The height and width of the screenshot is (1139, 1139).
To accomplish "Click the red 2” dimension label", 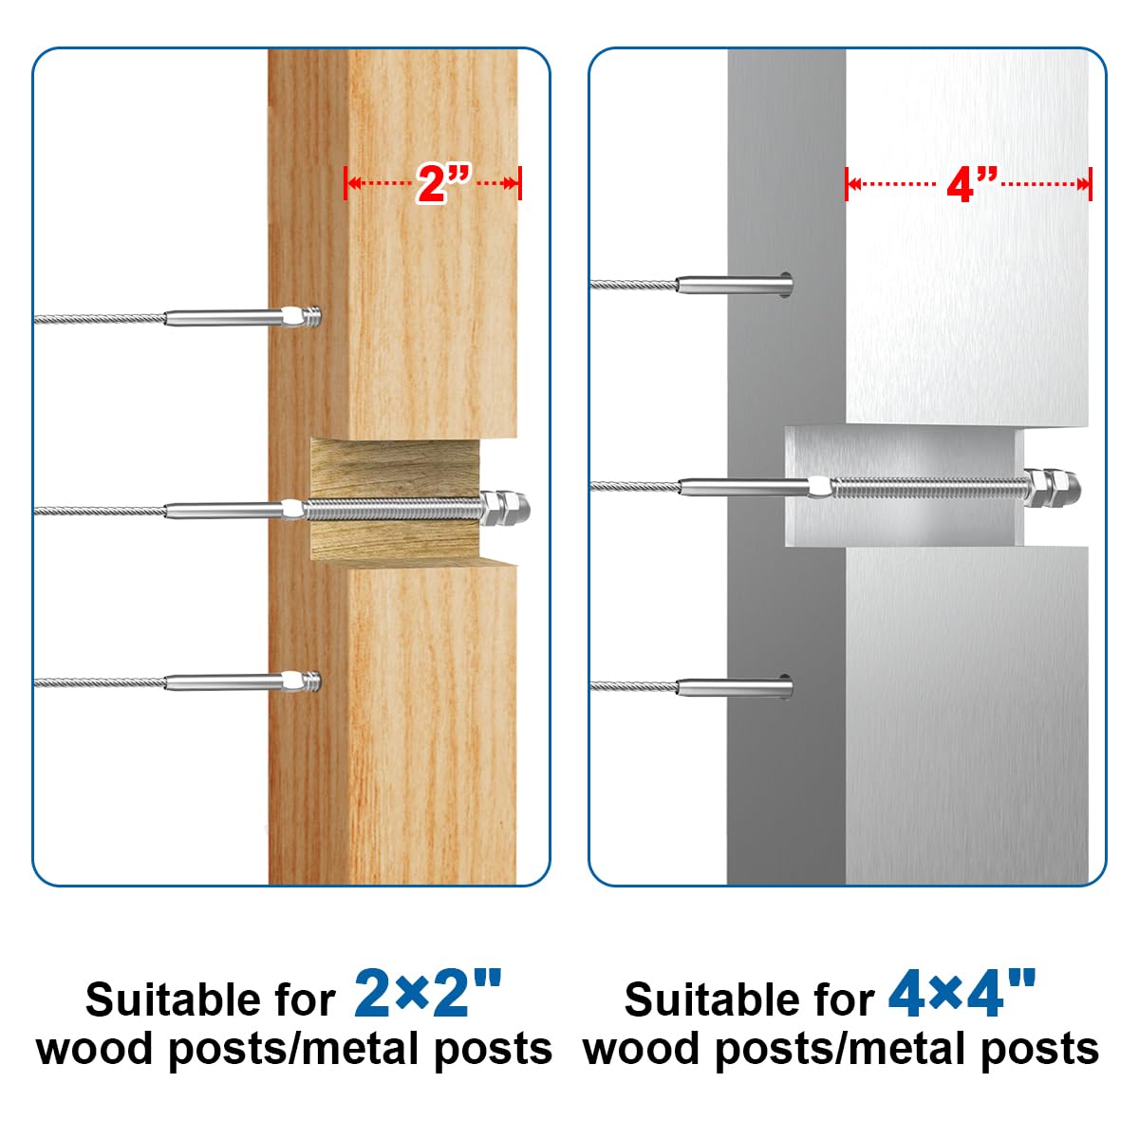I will pyautogui.click(x=442, y=183).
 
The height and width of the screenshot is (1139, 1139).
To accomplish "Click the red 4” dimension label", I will pyautogui.click(x=973, y=184).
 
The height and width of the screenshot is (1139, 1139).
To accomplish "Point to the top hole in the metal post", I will pyautogui.click(x=784, y=284).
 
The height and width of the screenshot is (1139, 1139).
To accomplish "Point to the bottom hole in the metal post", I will pyautogui.click(x=784, y=685).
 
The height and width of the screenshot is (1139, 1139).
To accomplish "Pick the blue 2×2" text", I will pyautogui.click(x=427, y=993).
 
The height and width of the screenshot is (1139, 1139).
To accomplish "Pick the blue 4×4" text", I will pyautogui.click(x=962, y=993).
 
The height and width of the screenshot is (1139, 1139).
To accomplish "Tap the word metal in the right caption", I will pyautogui.click(x=905, y=1050).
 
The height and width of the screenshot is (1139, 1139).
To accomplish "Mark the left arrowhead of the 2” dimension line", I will pyautogui.click(x=349, y=183).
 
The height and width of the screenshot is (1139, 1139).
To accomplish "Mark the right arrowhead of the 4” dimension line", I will pyautogui.click(x=1086, y=184).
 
